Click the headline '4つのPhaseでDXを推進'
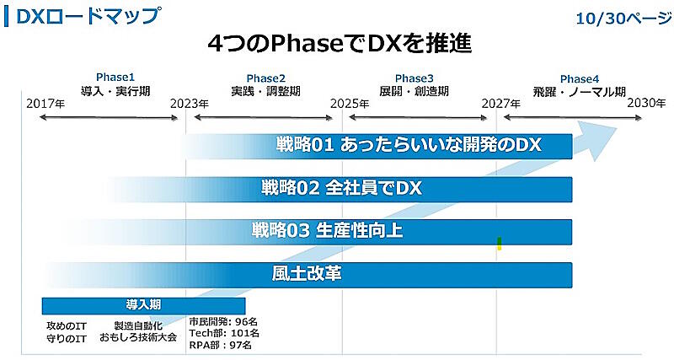click(x=338, y=44)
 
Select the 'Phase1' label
click(x=115, y=77)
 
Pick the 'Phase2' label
click(x=265, y=78)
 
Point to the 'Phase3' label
click(x=414, y=78)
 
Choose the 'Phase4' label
click(x=580, y=78)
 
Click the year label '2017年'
click(x=45, y=104)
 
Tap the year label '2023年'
click(x=190, y=104)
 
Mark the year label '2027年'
click(x=501, y=104)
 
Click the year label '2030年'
click(x=646, y=103)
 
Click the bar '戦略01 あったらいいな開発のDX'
click(x=408, y=145)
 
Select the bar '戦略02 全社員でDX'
click(x=340, y=188)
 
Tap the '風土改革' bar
click(x=307, y=273)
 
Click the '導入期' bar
click(x=143, y=305)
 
